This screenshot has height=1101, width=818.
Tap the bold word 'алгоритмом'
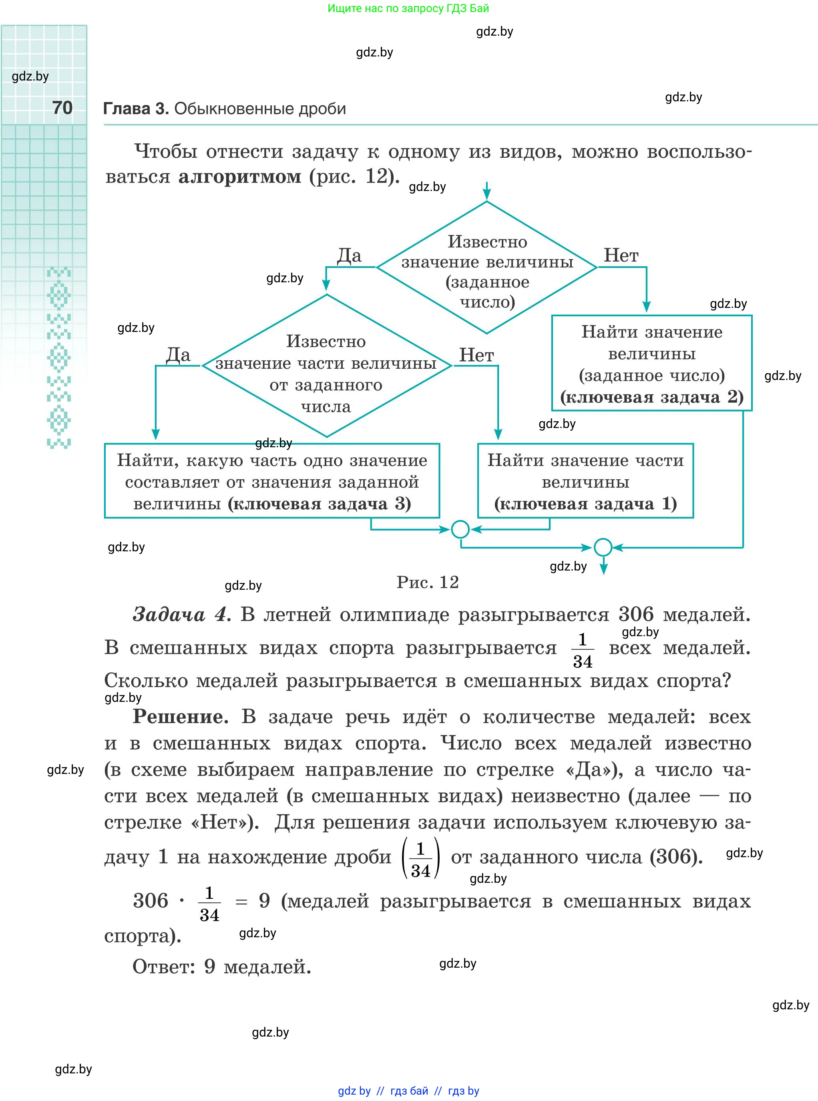tap(240, 176)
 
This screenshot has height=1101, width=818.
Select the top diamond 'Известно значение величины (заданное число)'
tap(487, 268)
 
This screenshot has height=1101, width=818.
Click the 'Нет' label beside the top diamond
tap(621, 255)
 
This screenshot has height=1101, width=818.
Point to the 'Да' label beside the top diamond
tap(349, 255)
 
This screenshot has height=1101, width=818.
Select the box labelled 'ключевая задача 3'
tap(272, 481)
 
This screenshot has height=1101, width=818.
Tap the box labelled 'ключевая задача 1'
tap(585, 481)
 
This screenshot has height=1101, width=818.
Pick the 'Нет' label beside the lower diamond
tap(476, 355)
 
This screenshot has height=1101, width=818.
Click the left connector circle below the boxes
tap(460, 529)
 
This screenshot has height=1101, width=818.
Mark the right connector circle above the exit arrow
tap(603, 547)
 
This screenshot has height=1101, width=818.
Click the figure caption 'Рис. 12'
tap(428, 582)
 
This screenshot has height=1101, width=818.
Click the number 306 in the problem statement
tap(636, 615)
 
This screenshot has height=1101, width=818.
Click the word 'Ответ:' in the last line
tap(164, 966)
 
